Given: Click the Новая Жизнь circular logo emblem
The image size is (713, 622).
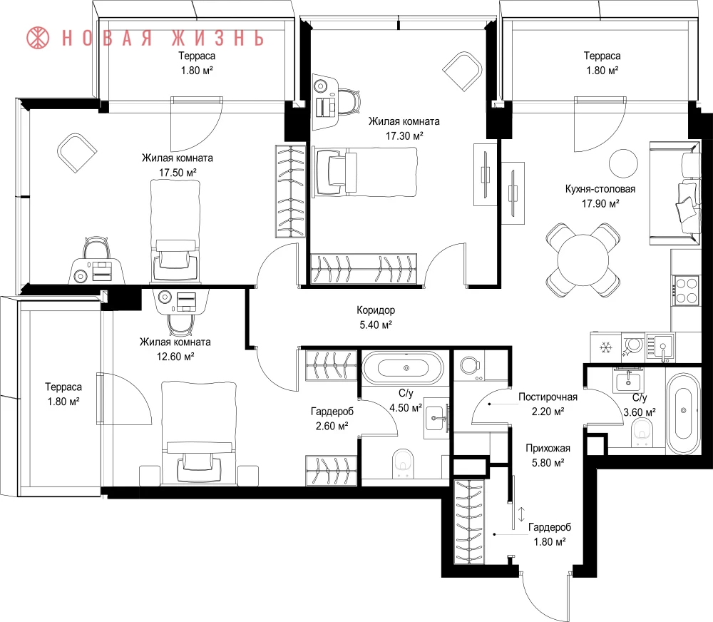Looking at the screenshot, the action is click(38, 38).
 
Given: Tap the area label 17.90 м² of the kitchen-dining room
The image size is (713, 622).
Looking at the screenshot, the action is click(600, 203).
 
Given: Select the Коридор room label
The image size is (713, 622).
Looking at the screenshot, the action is click(376, 310).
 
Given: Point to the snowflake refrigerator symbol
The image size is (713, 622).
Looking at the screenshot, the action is click(605, 348).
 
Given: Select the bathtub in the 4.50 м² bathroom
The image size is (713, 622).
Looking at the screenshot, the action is click(402, 368).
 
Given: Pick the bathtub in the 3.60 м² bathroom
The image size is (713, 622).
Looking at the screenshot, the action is click(683, 413).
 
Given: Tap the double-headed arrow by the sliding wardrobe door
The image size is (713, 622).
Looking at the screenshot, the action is click(522, 514).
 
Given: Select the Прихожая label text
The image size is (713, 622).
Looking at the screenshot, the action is click(548, 448).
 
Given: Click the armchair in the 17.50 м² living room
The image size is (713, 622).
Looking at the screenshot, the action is click(77, 153).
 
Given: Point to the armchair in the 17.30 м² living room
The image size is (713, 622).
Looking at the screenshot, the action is click(463, 71).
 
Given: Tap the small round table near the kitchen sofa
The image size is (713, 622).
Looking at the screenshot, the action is click(623, 163).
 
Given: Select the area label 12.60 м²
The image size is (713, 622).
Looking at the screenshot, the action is click(175, 357).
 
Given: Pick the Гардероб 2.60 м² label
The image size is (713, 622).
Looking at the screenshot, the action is click(332, 419).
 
